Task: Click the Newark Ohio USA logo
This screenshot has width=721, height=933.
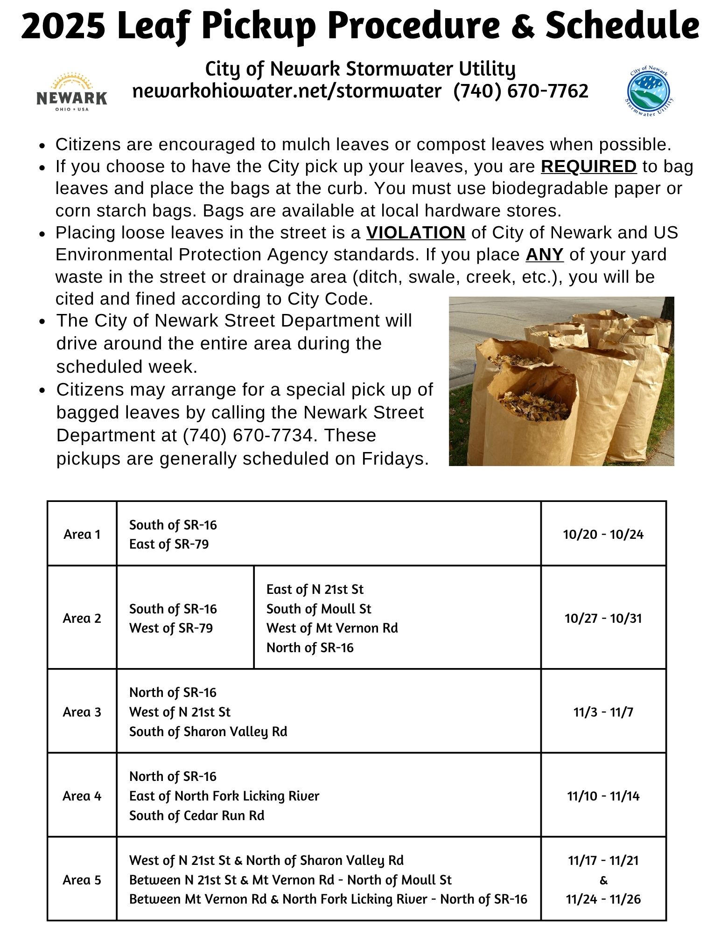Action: [x=71, y=92]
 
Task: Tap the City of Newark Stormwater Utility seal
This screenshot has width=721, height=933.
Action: [x=649, y=91]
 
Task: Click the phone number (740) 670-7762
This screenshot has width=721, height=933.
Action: [x=521, y=91]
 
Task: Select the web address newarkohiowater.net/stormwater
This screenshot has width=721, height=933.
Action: [x=287, y=91]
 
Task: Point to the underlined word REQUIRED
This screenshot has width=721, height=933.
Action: [x=588, y=167]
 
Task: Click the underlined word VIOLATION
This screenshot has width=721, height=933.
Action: [x=415, y=232]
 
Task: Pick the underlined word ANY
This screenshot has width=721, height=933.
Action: [x=544, y=255]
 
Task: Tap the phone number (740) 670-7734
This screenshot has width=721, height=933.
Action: [x=248, y=435]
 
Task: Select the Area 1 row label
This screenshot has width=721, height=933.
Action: [x=82, y=534]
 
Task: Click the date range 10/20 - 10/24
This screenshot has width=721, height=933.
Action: [x=603, y=534]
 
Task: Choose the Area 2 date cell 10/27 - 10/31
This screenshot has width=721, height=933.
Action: [x=603, y=618]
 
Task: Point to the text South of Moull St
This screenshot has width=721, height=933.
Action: [x=319, y=609]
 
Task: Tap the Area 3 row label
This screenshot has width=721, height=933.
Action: [x=82, y=712]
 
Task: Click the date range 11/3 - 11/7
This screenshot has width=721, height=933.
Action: [x=603, y=712]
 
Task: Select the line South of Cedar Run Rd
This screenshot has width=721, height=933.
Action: [x=196, y=815]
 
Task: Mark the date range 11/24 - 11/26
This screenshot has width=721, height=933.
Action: [x=603, y=899]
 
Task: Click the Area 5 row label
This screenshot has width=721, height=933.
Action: [x=82, y=880]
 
